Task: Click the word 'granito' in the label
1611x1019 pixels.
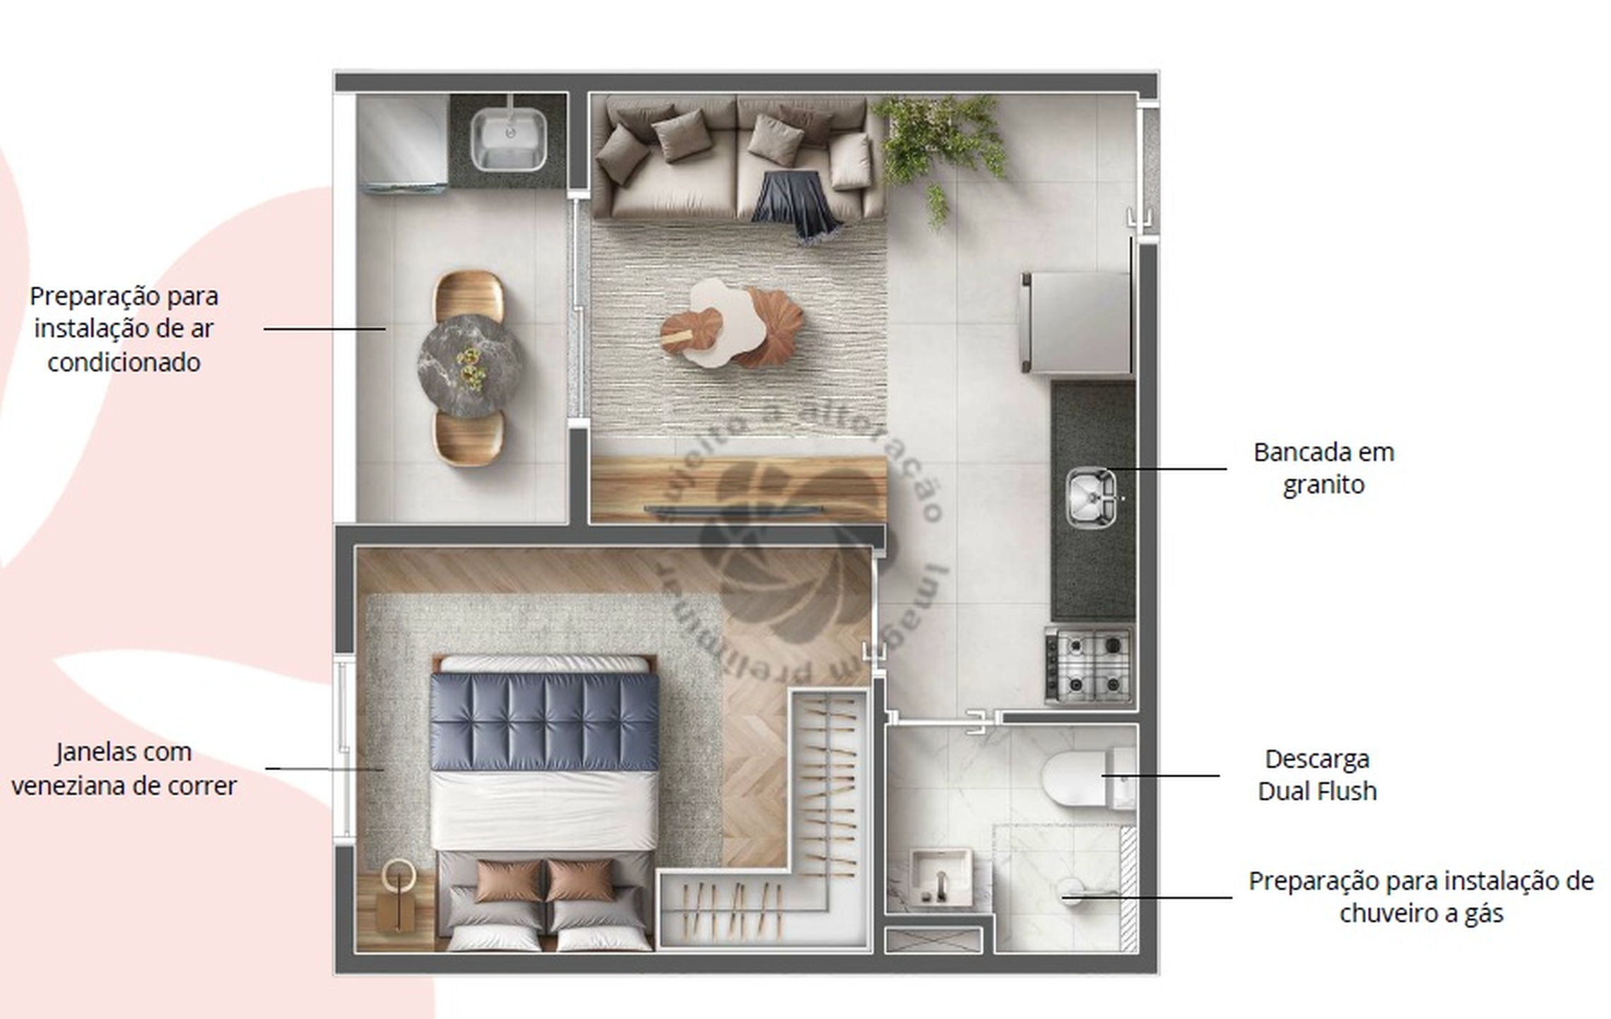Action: point(1323,485)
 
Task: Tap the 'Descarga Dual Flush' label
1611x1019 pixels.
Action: point(1317,774)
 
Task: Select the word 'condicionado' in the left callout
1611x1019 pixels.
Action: point(124,363)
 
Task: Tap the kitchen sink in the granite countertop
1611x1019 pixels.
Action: point(1090,497)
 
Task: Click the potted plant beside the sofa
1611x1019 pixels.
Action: point(936,145)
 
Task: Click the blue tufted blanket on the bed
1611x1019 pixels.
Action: point(544,721)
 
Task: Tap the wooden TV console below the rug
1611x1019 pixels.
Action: point(738,489)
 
